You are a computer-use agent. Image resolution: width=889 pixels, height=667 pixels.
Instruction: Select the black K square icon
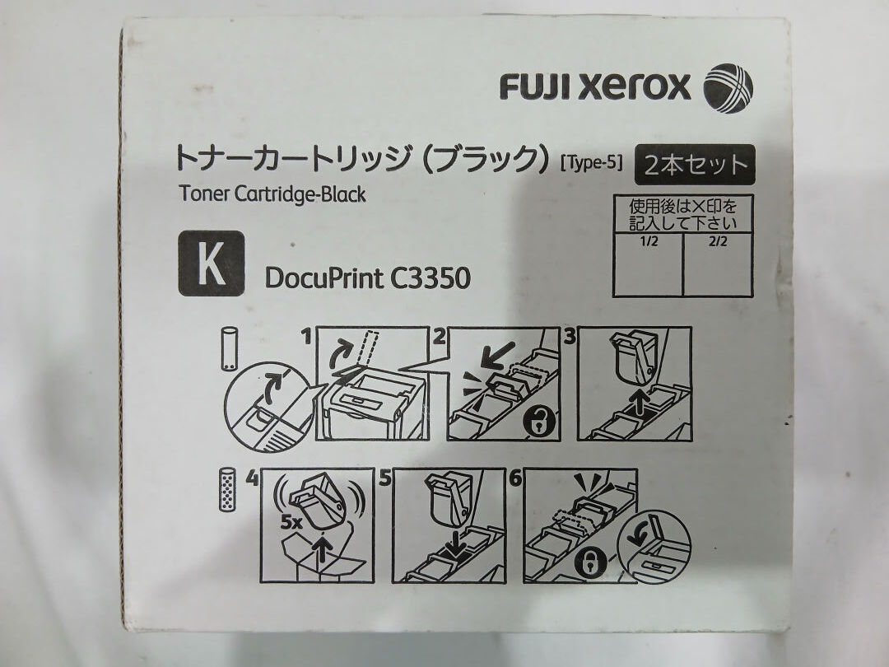click(212, 264)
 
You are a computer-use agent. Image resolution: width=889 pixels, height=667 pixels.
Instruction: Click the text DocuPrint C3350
click(367, 278)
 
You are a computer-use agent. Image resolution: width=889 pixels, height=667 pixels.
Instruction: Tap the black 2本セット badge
click(695, 164)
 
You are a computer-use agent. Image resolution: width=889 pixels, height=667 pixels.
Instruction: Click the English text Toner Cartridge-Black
click(272, 195)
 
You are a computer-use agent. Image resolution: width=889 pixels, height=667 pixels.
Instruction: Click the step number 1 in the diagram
click(307, 335)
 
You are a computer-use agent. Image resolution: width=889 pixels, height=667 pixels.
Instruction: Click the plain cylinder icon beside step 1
click(229, 351)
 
